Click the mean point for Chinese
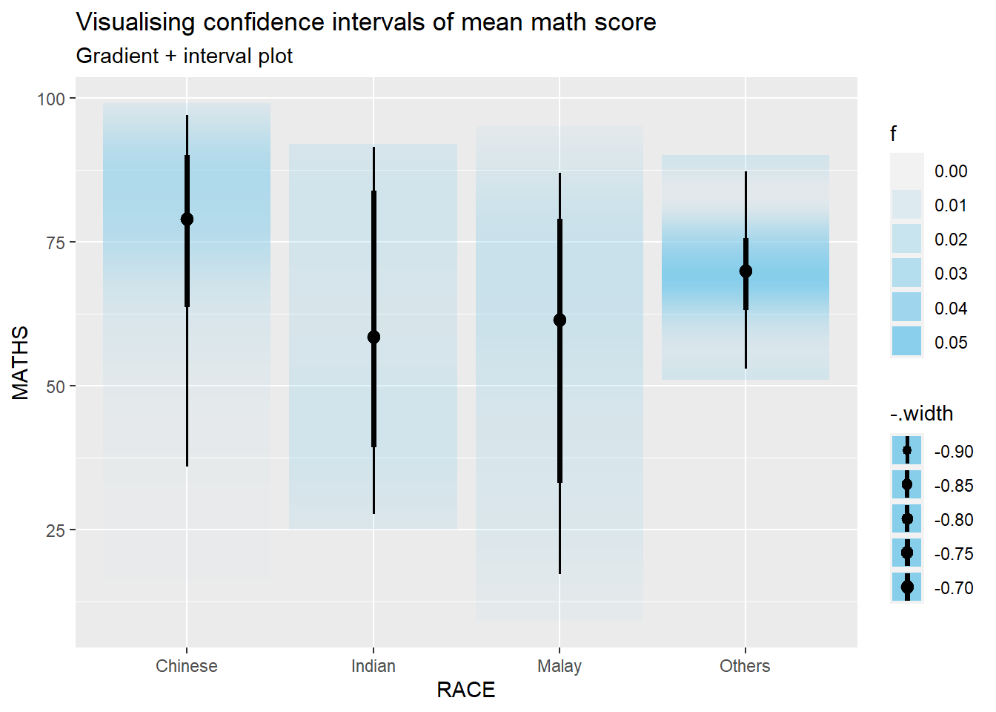click(187, 219)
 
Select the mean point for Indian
click(373, 337)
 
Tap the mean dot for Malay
click(560, 320)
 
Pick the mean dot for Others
click(746, 271)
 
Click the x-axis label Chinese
click(187, 666)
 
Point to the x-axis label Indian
click(373, 666)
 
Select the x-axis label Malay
click(560, 666)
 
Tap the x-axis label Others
click(745, 666)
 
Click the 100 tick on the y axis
click(51, 99)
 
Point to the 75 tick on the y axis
click(56, 243)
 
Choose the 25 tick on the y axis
click(56, 530)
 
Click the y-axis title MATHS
click(21, 363)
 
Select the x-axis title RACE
click(465, 690)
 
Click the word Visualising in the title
click(136, 22)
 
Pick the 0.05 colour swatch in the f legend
click(906, 342)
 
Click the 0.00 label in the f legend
click(951, 171)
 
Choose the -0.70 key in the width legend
click(907, 587)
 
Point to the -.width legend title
click(921, 414)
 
